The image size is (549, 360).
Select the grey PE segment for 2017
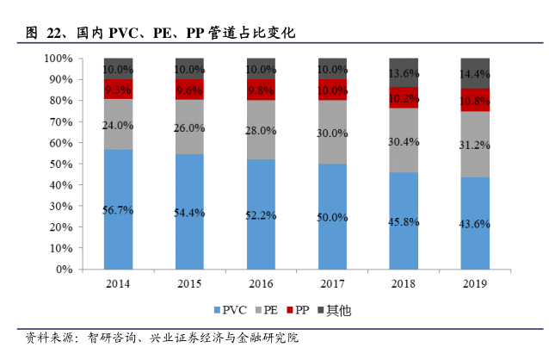click(x=331, y=133)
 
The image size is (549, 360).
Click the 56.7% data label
click(x=118, y=210)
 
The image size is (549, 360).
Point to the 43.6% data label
click(x=474, y=224)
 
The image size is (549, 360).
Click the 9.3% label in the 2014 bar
click(x=118, y=89)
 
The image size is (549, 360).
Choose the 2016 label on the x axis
click(x=260, y=283)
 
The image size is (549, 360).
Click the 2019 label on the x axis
click(x=474, y=283)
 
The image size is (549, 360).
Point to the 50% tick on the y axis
click(x=59, y=164)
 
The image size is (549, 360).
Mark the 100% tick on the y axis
click(x=57, y=58)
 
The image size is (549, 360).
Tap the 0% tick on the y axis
click(x=63, y=270)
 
